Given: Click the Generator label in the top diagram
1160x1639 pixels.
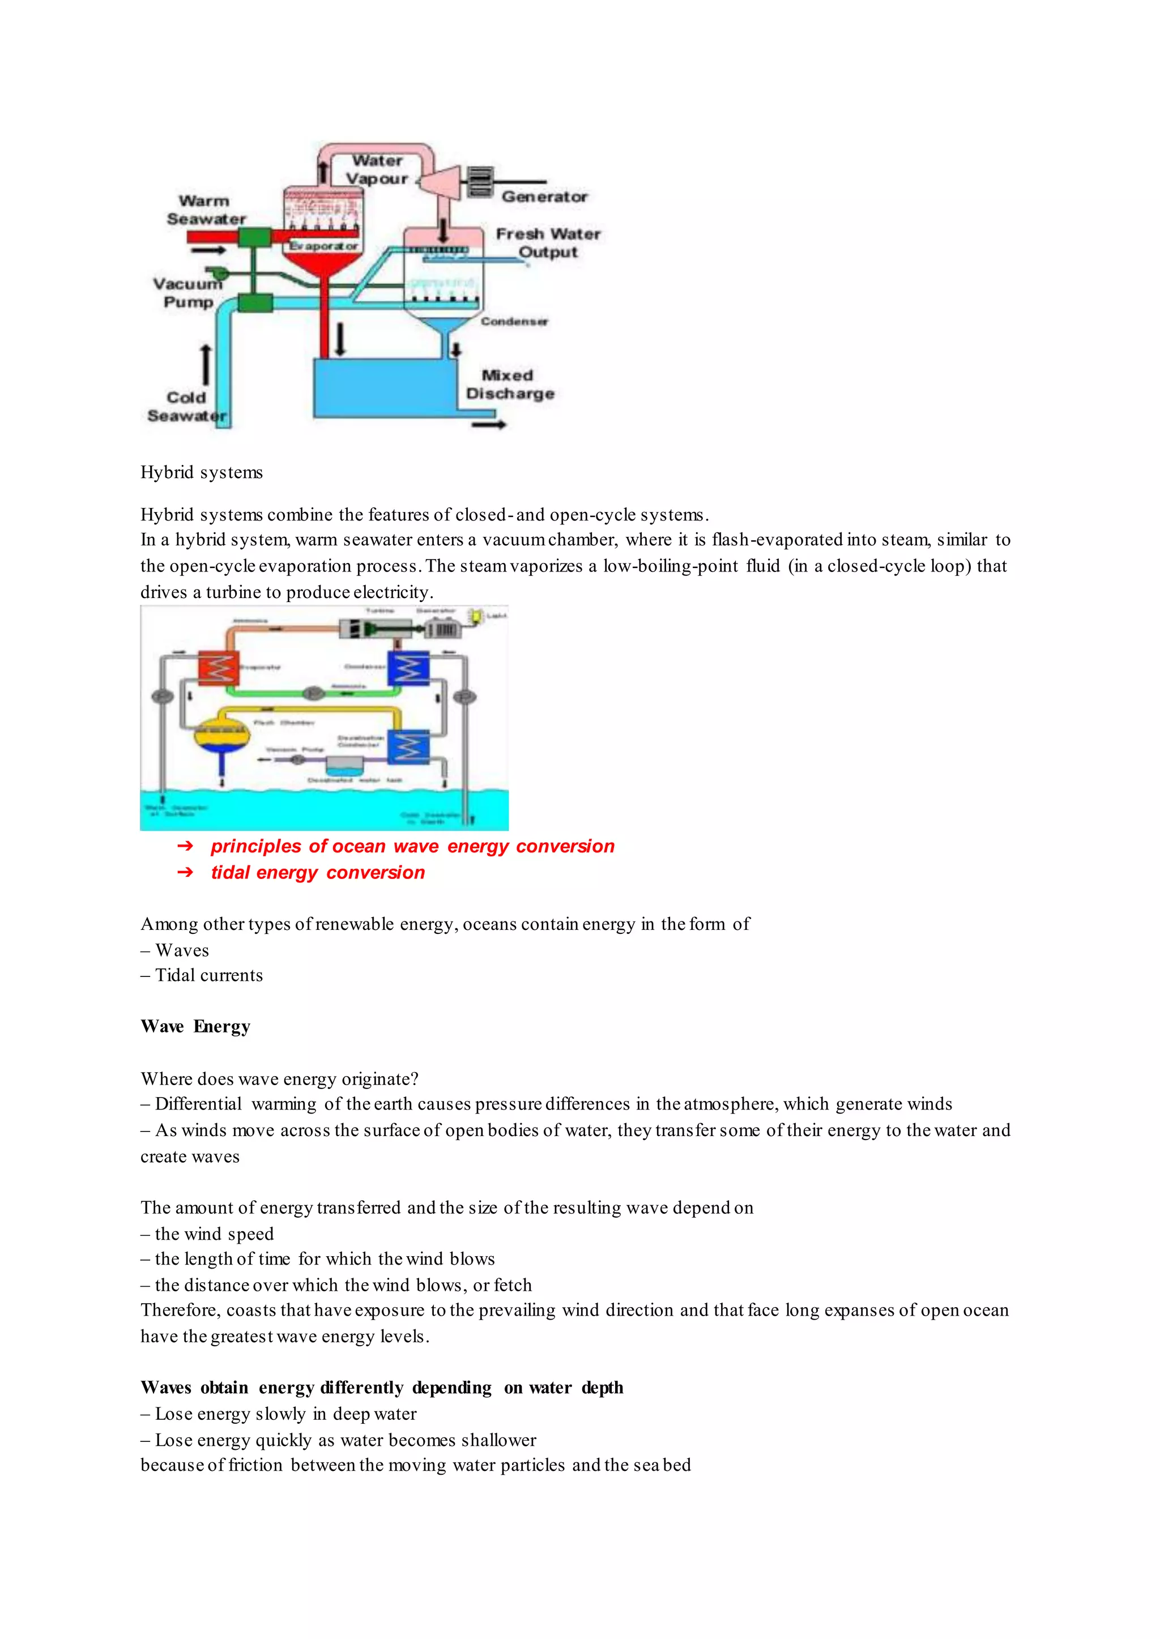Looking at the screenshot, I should point(544,197).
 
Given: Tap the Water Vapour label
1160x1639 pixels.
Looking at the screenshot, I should point(377,170).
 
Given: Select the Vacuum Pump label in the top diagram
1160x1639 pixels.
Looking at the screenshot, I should point(187,293).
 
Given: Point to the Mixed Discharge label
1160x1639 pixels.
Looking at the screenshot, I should point(509,384).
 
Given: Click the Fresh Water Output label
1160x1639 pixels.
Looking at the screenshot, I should point(548,243).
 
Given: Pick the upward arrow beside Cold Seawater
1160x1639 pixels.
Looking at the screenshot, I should point(206,365).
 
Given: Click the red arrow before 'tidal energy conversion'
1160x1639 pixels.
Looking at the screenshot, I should point(185,872).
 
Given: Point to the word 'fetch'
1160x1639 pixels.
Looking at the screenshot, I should point(513,1285).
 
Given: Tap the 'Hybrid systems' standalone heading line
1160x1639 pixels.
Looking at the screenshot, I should point(202,472).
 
